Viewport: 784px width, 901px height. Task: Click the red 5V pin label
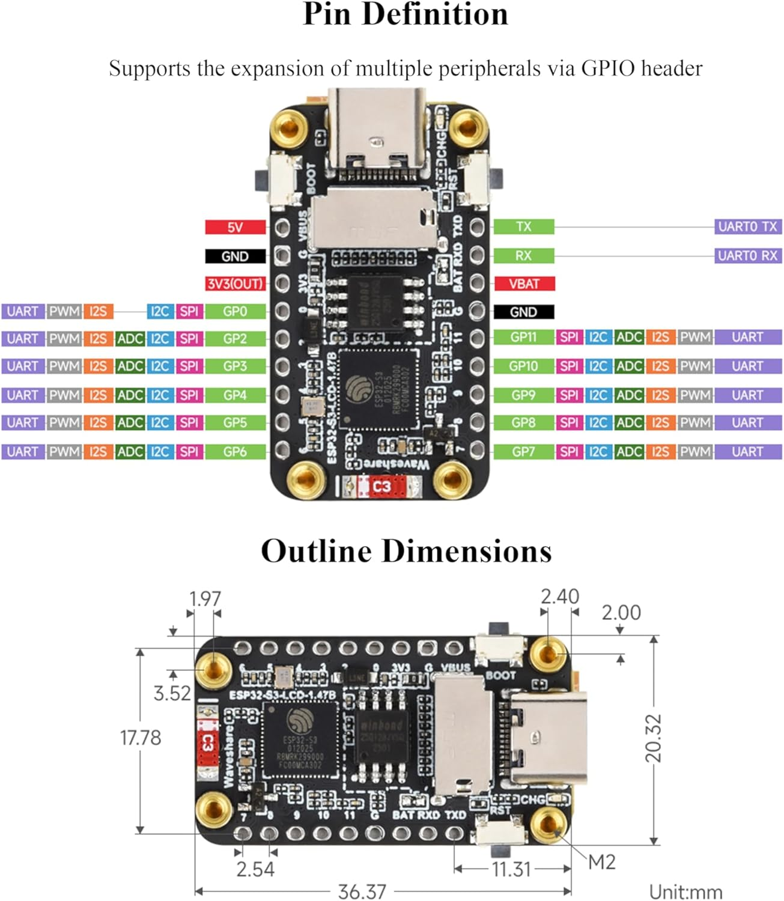pos(235,227)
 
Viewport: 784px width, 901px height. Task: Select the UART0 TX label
pos(747,226)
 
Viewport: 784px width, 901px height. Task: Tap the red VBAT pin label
pos(524,284)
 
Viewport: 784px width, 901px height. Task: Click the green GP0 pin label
pos(235,311)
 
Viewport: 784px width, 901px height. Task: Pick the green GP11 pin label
pos(523,337)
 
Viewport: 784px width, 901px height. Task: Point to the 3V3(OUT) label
pos(235,284)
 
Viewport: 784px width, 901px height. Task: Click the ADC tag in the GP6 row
pos(130,452)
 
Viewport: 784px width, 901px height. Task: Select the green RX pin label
pos(523,256)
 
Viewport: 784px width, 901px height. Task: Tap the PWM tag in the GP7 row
pos(695,452)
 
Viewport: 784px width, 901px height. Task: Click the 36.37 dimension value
pos(362,891)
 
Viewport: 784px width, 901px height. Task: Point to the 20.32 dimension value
pos(653,738)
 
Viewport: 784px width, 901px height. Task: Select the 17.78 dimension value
pos(141,738)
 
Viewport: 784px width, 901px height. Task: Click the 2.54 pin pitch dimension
pos(255,869)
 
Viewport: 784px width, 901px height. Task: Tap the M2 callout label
pos(601,863)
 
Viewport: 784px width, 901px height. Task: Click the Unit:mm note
pos(685,891)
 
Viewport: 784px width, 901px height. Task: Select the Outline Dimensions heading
pos(406,551)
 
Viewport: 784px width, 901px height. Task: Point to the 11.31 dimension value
pos(511,869)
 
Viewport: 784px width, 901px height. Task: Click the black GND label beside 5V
pos(235,256)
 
